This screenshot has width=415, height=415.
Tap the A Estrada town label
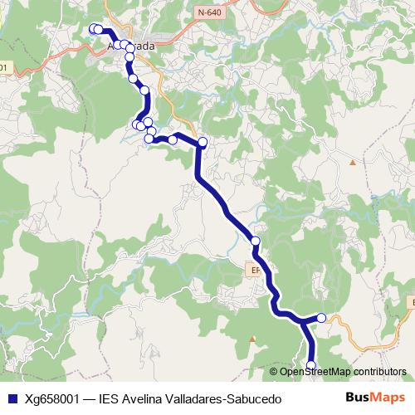(132, 46)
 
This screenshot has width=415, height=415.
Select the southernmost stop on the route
(312, 365)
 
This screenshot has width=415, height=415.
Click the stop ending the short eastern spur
(321, 318)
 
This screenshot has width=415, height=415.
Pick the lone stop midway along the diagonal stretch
(256, 242)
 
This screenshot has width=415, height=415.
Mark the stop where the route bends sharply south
(203, 142)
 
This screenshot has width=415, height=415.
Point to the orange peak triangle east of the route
(353, 162)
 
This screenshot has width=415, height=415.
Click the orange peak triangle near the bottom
(251, 339)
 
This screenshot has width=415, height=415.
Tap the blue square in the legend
(12, 399)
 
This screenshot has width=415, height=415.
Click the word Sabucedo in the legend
(254, 399)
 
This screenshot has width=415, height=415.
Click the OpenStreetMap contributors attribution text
(343, 372)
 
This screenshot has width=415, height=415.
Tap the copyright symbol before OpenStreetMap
(274, 372)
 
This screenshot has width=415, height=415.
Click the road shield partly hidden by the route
(256, 270)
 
